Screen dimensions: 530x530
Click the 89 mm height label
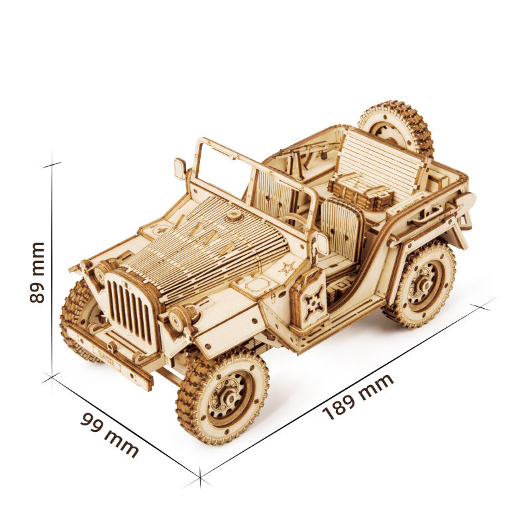(x=38, y=272)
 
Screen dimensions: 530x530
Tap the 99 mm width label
(x=109, y=435)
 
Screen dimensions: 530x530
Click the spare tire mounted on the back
(x=396, y=127)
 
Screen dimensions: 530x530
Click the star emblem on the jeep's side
(x=287, y=268)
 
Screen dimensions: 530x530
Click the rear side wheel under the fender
(x=419, y=284)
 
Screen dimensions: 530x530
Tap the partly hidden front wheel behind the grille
(x=78, y=318)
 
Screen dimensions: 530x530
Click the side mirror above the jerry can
(x=322, y=244)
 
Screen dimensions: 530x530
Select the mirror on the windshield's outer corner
(x=180, y=168)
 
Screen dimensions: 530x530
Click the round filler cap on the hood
(x=233, y=216)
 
